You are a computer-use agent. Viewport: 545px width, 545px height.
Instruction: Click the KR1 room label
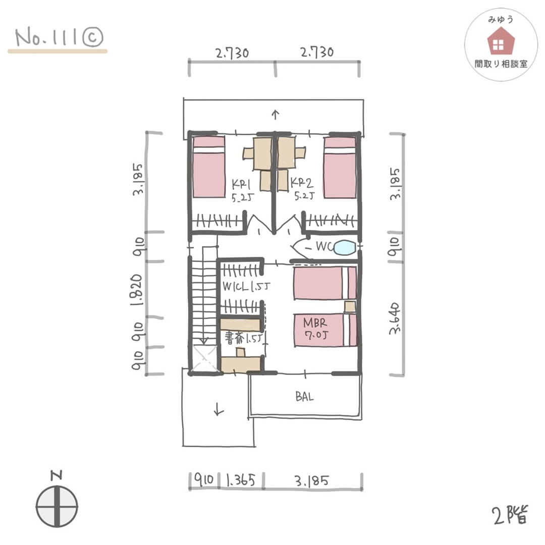click(241, 184)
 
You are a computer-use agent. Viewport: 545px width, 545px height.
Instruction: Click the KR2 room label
click(301, 183)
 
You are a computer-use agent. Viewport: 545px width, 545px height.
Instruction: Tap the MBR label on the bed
click(315, 323)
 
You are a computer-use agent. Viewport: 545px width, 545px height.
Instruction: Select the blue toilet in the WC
click(345, 247)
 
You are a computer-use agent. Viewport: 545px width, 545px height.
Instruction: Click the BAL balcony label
click(304, 396)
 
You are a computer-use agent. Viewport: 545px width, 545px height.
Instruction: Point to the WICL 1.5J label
click(246, 287)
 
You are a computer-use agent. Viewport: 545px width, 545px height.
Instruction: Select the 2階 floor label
click(510, 515)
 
